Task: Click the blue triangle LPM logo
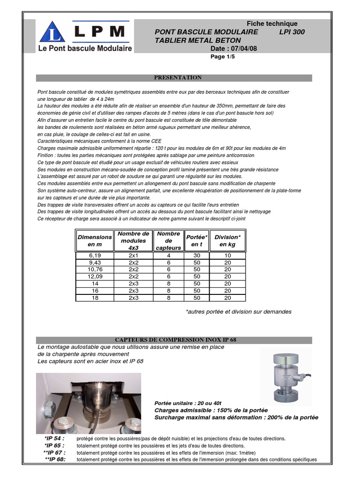(52, 32)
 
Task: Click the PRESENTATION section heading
(178, 78)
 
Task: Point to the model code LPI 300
(295, 32)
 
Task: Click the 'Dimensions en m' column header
(95, 241)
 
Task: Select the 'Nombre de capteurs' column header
(169, 240)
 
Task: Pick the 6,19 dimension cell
(95, 255)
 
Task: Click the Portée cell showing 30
(196, 255)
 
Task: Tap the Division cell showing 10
(227, 255)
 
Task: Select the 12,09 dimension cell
(95, 277)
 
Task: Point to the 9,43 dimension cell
(95, 262)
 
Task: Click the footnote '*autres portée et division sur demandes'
(238, 312)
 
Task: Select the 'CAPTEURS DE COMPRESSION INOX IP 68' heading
(174, 340)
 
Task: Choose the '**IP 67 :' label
(54, 452)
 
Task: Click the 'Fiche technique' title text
(272, 23)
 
